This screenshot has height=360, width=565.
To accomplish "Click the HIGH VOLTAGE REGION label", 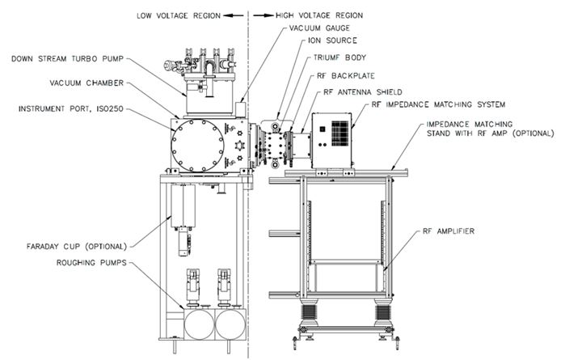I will click(310, 15).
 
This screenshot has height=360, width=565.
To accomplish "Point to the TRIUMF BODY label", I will click(343, 59).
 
